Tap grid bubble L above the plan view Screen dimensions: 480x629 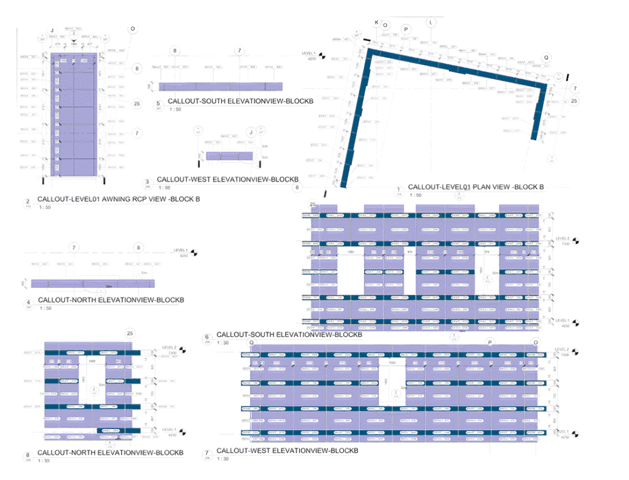tap(431, 21)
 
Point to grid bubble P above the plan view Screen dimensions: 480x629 tap(405, 29)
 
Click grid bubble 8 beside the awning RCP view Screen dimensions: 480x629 tap(137, 68)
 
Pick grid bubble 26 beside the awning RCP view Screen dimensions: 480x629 tap(137, 103)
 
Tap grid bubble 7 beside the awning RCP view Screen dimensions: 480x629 tap(137, 133)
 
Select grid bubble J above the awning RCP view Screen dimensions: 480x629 tap(53, 30)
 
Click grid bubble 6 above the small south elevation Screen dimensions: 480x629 tap(175, 50)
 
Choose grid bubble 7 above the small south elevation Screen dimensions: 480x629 tap(240, 50)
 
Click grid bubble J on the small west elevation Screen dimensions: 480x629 tap(250, 131)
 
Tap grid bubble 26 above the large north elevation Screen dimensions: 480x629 tap(130, 333)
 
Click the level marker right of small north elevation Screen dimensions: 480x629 tap(193, 251)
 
